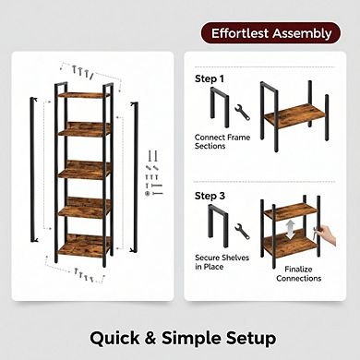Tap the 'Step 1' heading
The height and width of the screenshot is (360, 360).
click(x=209, y=78)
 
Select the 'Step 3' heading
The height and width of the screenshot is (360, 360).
click(x=209, y=196)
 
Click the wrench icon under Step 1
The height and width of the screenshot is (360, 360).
click(x=243, y=113)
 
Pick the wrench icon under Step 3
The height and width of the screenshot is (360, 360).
click(x=243, y=232)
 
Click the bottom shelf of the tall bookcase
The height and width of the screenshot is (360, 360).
click(x=84, y=247)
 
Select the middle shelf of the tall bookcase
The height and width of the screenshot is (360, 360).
click(x=84, y=171)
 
